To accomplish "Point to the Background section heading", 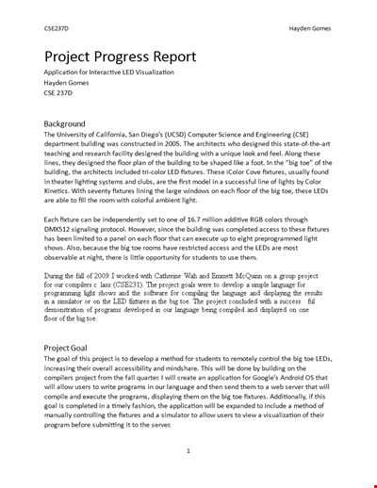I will pos(64,123).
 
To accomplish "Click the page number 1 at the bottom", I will pos(188,450).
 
